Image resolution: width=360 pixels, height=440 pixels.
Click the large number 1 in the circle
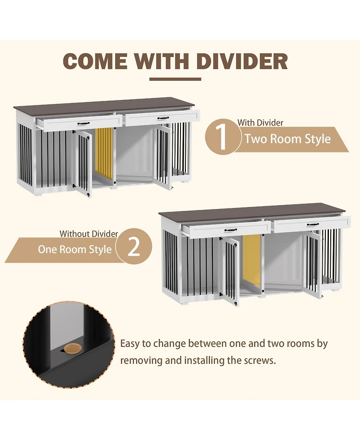pyautogui.click(x=222, y=138)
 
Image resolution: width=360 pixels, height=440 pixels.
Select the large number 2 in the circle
pyautogui.click(x=134, y=247)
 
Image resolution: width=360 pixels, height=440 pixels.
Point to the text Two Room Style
pyautogui.click(x=288, y=139)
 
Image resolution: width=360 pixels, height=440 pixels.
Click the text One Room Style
pyautogui.click(x=75, y=249)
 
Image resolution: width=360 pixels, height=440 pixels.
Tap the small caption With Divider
pyautogui.click(x=261, y=122)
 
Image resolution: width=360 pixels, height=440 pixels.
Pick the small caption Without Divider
pyautogui.click(x=89, y=234)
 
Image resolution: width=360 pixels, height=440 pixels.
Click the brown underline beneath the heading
pyautogui.click(x=175, y=79)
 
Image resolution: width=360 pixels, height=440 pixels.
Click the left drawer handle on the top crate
pyautogui.click(x=84, y=123)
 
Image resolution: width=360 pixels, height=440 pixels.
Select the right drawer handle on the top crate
pyautogui.click(x=163, y=118)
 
